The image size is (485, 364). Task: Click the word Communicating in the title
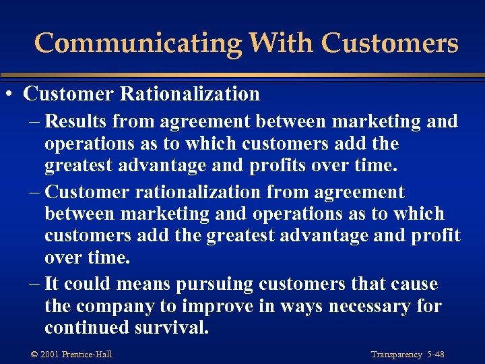click(137, 43)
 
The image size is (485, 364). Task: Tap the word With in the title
click(281, 43)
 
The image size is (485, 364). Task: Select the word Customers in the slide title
click(390, 43)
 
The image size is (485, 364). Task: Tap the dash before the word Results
click(34, 122)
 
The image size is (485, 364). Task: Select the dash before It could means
click(34, 284)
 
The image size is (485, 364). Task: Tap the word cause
click(412, 284)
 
